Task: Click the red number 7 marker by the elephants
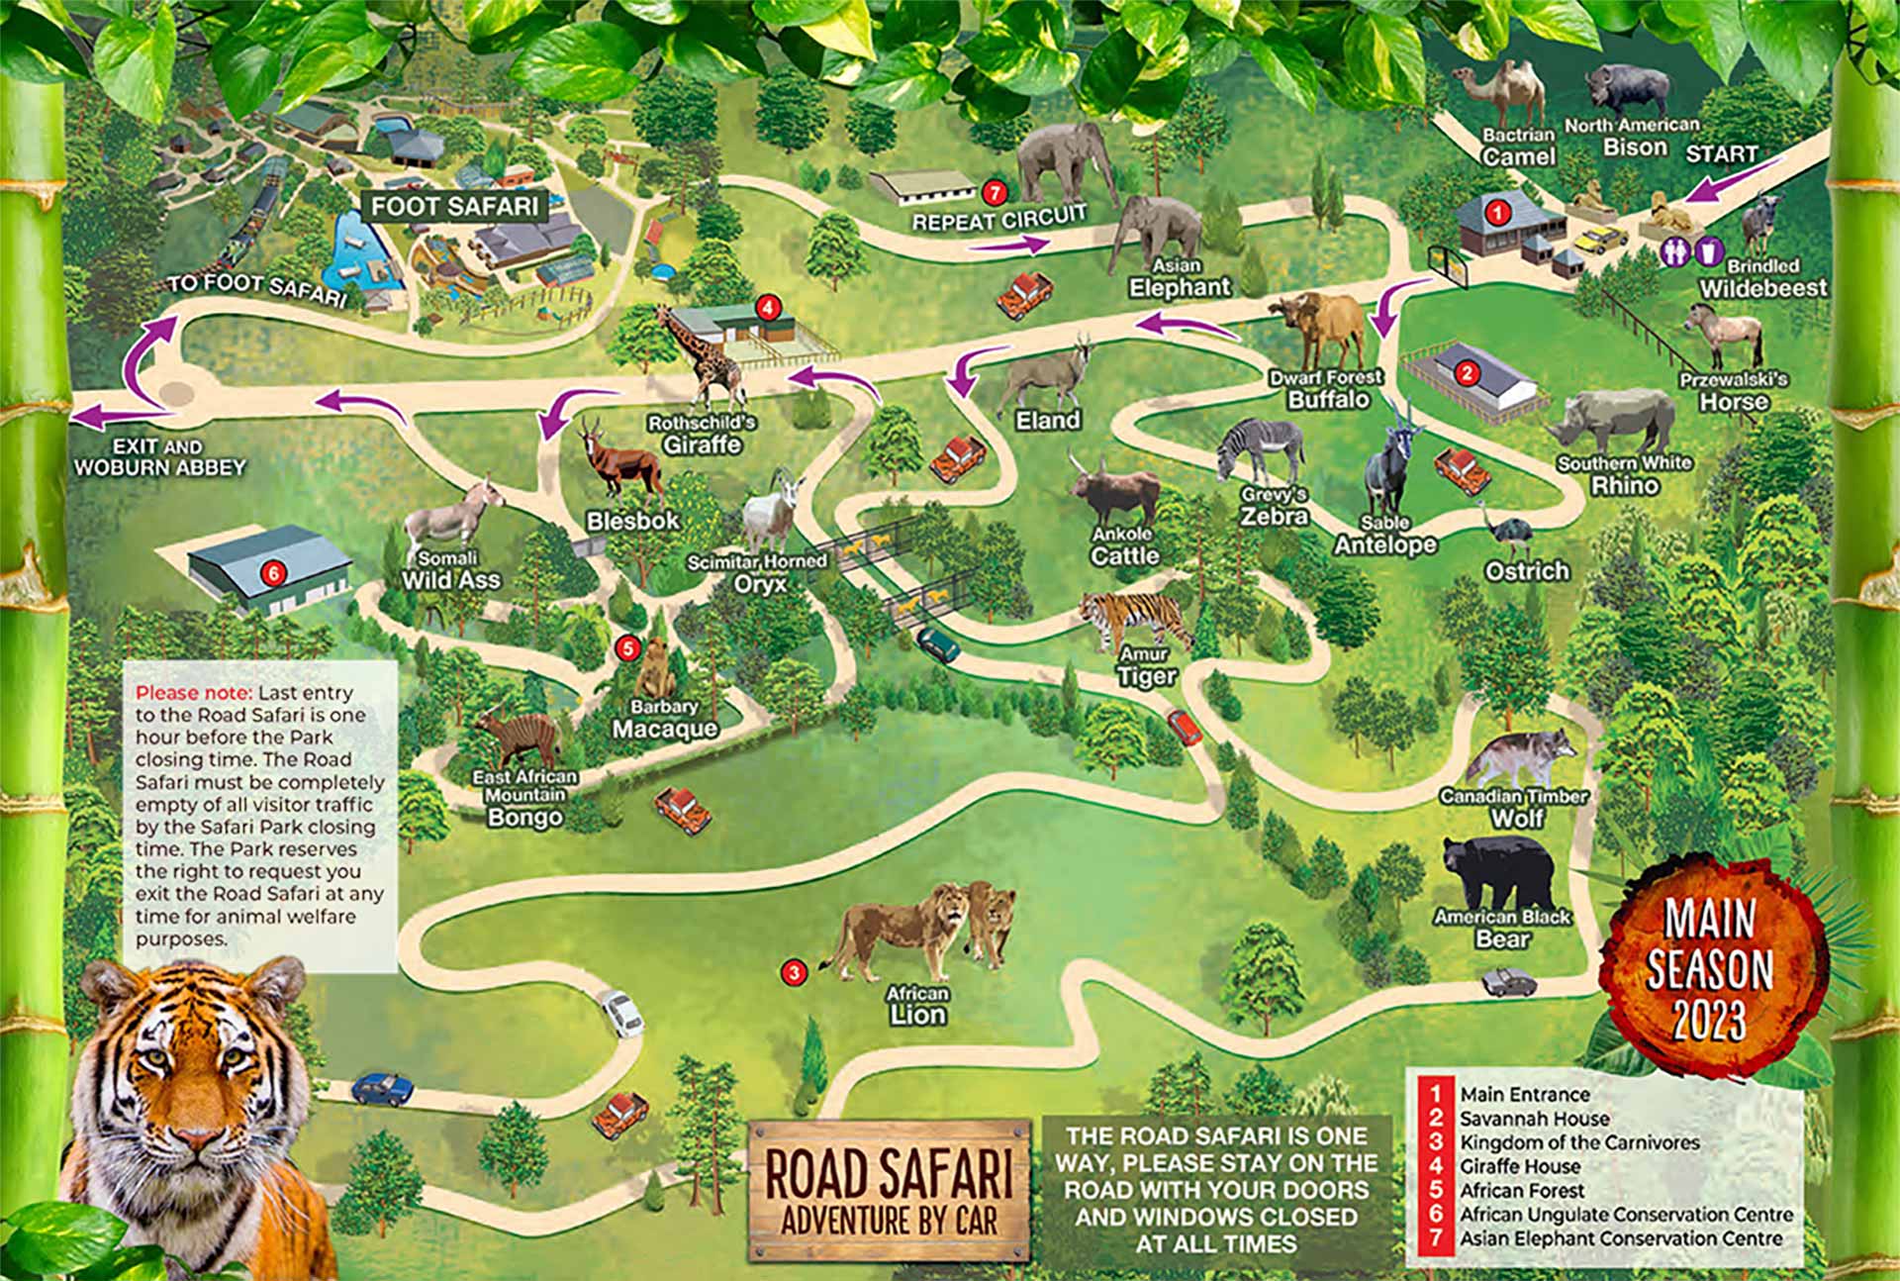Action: click(996, 190)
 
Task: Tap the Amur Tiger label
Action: click(1146, 667)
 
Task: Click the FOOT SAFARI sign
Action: click(455, 206)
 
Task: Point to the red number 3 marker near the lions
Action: click(793, 972)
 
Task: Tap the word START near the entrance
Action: click(1721, 154)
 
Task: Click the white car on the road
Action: click(622, 1013)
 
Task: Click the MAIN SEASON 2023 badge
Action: click(1709, 968)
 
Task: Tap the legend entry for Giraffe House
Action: click(1519, 1166)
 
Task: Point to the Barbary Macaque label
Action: click(664, 720)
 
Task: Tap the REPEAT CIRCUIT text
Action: click(998, 218)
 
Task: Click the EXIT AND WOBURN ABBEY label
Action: click(158, 457)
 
